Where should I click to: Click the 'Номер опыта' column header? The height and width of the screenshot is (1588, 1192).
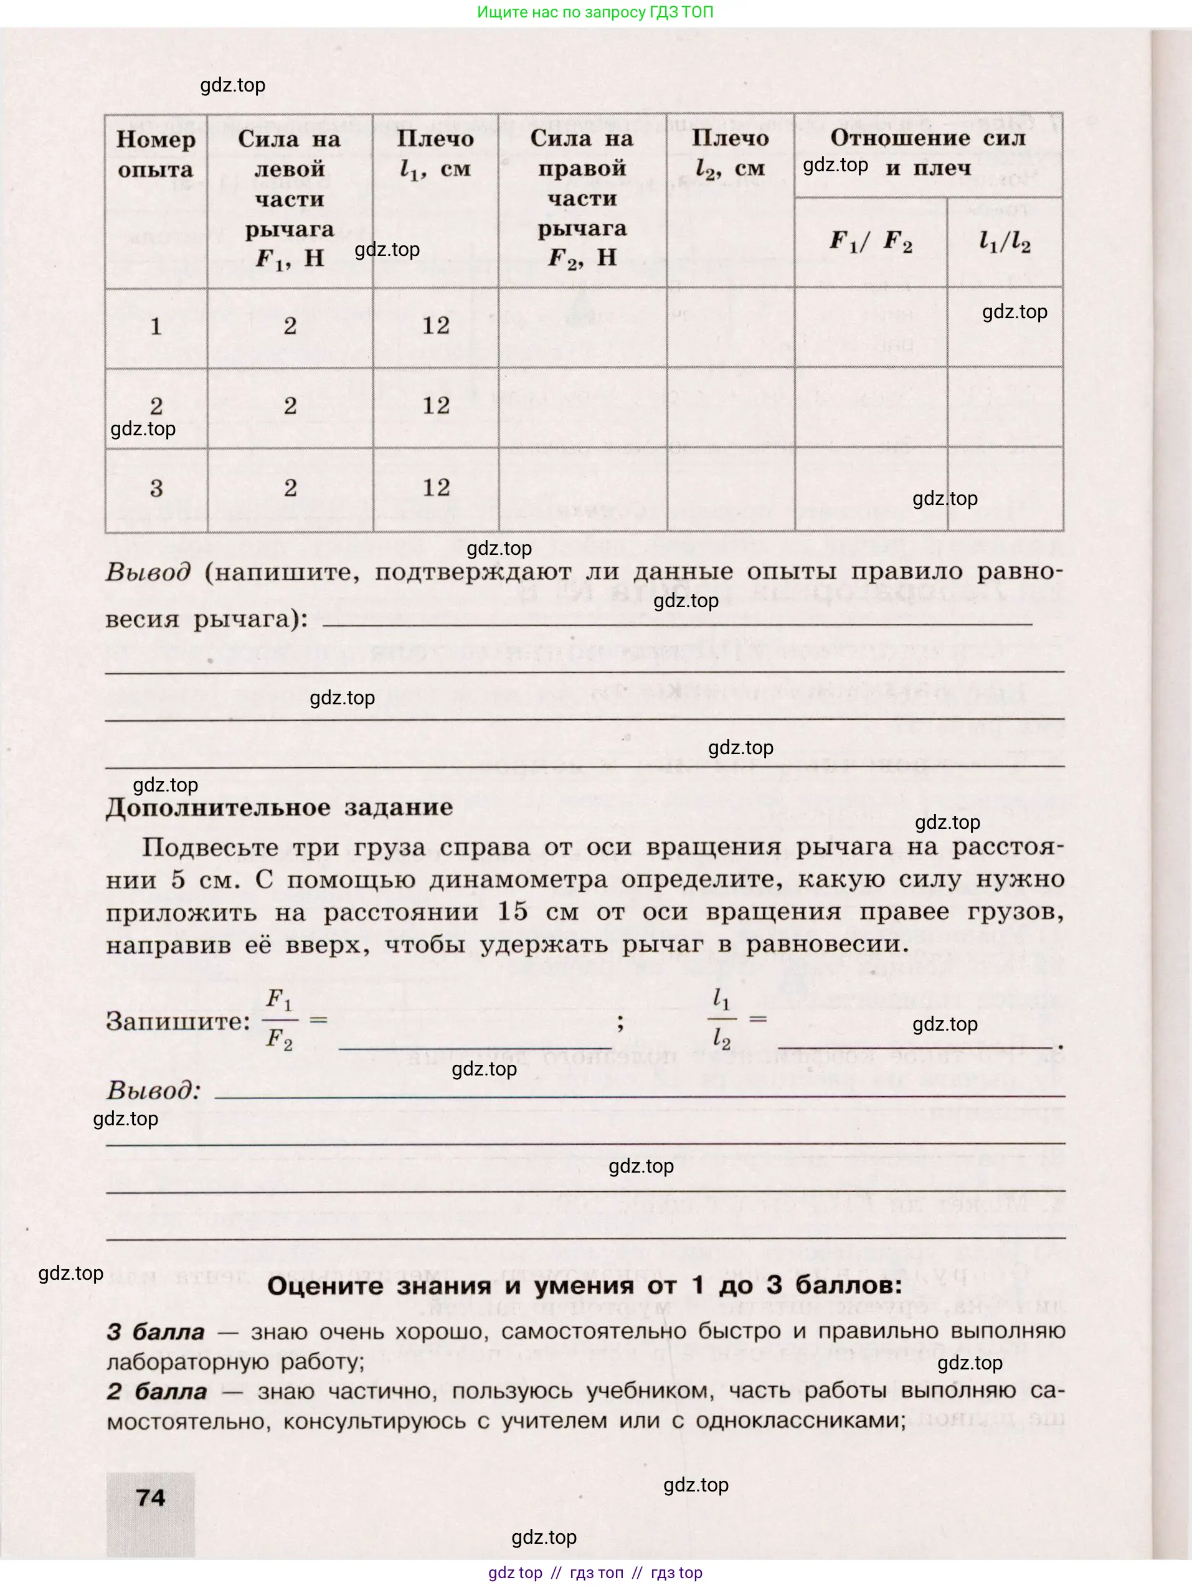156,154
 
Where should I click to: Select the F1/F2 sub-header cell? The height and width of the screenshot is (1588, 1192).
870,241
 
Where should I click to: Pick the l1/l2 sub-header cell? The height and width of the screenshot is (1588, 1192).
1005,242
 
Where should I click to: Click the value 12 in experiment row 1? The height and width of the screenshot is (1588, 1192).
436,326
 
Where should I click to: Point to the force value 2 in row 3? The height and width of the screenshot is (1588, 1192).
290,488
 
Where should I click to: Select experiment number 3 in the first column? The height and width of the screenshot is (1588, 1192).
156,489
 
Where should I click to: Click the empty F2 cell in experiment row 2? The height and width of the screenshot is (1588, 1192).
582,407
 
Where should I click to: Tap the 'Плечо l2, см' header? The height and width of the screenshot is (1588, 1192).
731,153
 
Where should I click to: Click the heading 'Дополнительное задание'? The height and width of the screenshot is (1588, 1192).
280,807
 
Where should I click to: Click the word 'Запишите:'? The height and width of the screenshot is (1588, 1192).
178,1021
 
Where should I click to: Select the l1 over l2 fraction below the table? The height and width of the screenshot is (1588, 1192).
722,1019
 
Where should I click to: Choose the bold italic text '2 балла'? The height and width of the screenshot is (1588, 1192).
156,1391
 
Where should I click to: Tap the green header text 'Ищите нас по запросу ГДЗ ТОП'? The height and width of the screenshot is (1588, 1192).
595,12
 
